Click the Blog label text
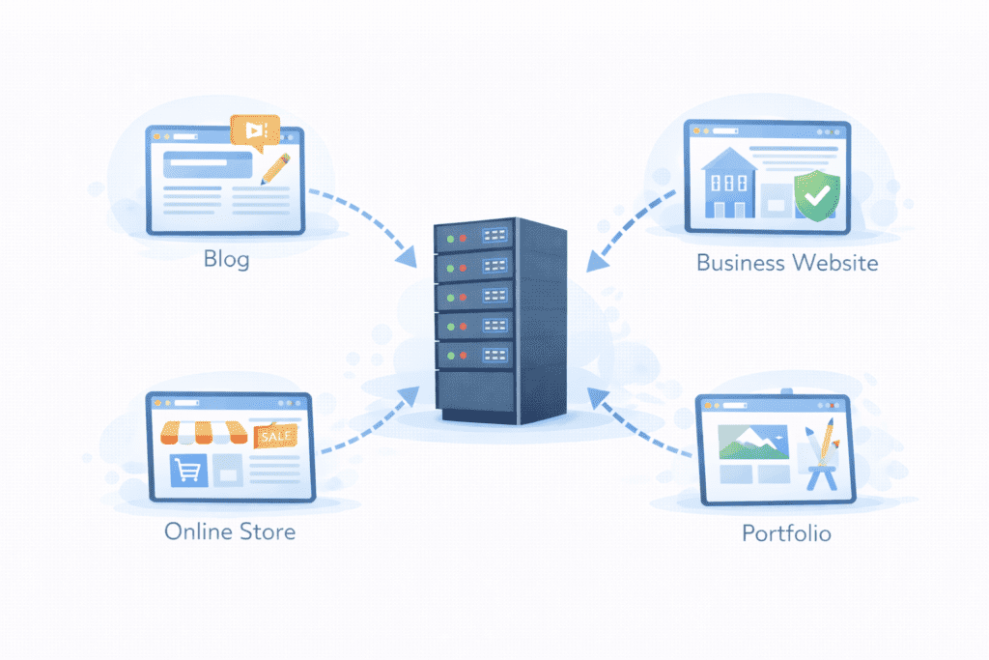point(226,259)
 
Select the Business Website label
point(787,262)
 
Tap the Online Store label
point(230,531)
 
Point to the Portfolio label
point(786,532)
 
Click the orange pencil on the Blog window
point(275,168)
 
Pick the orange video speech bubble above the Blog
point(254,131)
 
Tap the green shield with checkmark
point(816,196)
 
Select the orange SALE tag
point(274,437)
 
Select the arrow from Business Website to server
point(633,227)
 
